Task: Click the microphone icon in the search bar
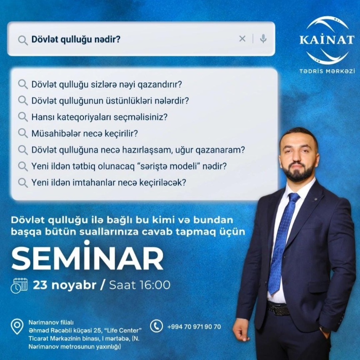click(263, 39)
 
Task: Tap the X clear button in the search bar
click(242, 39)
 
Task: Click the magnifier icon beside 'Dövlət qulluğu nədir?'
click(23, 40)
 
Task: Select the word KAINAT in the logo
click(327, 39)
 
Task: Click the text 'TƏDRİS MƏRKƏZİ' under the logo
click(327, 71)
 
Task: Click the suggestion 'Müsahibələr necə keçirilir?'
click(85, 133)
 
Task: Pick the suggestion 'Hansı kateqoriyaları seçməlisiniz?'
click(100, 117)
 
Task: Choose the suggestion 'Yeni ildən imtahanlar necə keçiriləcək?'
click(108, 182)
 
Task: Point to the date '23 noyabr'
click(65, 285)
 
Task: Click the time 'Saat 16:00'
click(140, 285)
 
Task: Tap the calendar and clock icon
click(19, 285)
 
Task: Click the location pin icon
click(17, 326)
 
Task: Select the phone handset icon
click(156, 326)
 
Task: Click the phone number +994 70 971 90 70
click(194, 327)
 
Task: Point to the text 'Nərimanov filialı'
click(51, 322)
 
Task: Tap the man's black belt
click(278, 308)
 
